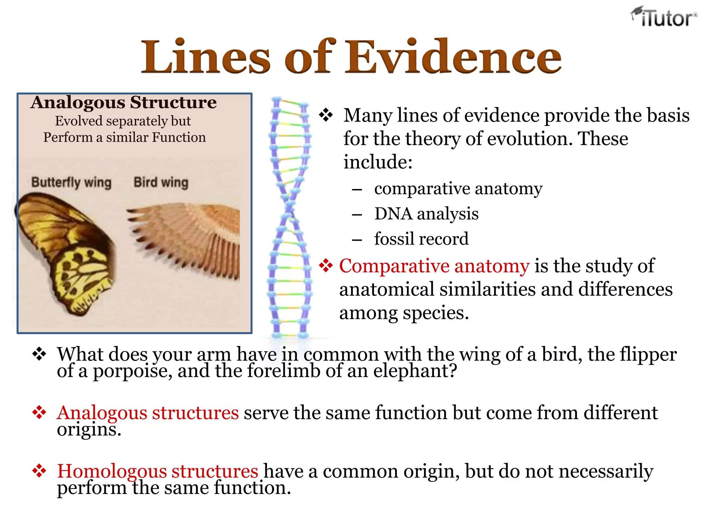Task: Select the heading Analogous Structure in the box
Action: tap(123, 102)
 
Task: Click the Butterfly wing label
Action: tap(71, 183)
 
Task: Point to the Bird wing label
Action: tap(161, 183)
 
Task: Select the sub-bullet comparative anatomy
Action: tap(458, 189)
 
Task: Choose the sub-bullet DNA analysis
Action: tap(426, 214)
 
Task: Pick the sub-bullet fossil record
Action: tap(421, 239)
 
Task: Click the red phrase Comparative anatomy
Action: tap(434, 266)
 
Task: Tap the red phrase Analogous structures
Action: tap(148, 413)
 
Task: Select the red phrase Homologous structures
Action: tap(157, 471)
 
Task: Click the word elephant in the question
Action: tap(415, 371)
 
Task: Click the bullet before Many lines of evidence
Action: tap(326, 115)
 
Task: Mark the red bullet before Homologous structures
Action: tap(39, 471)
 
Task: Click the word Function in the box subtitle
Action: tap(179, 137)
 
